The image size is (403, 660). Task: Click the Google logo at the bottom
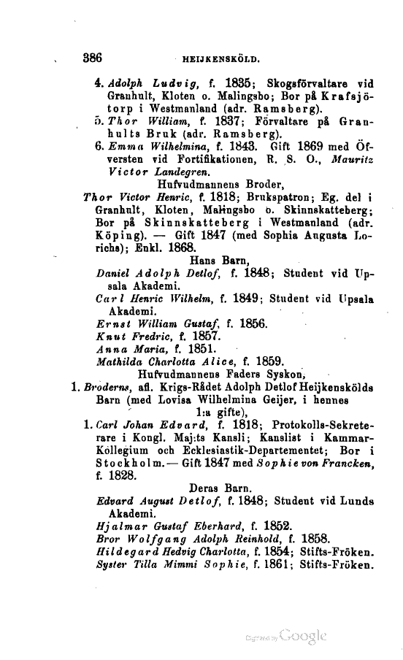point(298,637)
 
